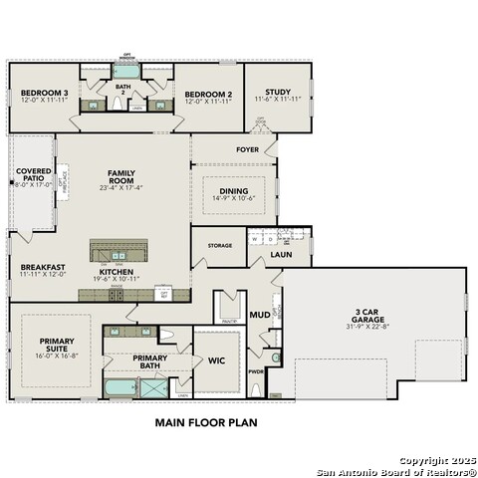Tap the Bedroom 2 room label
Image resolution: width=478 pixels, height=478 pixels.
208,96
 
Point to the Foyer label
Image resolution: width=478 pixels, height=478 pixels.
247,150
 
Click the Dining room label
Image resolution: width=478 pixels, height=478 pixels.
234,192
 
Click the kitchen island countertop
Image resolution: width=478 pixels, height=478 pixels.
124,248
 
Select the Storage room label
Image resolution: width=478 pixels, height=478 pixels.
220,245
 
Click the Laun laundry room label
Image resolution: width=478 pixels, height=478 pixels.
282,256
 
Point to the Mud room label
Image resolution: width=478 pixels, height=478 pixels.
259,315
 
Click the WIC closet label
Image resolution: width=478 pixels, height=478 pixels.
215,361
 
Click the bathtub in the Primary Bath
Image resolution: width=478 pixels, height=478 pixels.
122,388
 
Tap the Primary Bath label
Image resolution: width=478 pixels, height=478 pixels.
149,361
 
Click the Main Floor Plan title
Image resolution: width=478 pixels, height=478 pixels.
206,422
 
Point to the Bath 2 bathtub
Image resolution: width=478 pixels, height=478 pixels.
124,72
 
